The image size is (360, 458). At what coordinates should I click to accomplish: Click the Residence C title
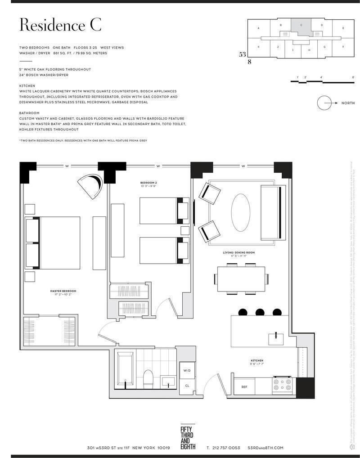(x=60, y=25)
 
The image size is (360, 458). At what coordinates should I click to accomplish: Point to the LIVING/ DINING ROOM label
(x=238, y=253)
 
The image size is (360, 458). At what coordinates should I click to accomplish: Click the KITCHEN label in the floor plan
(x=257, y=361)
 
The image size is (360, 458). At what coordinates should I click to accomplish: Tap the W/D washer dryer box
(x=187, y=371)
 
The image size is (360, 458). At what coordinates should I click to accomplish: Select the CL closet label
(x=187, y=386)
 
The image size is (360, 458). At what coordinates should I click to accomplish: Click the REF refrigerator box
(x=244, y=386)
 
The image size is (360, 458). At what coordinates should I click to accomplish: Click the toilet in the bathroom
(x=148, y=378)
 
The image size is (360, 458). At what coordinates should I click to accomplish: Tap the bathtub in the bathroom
(x=126, y=370)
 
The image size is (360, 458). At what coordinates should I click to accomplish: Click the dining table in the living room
(x=242, y=279)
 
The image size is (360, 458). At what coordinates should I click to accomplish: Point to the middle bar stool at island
(x=260, y=312)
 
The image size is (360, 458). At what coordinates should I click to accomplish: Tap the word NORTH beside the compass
(x=348, y=103)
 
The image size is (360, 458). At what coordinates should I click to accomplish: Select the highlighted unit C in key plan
(x=301, y=27)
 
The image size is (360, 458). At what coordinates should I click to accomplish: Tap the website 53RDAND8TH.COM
(x=265, y=448)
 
